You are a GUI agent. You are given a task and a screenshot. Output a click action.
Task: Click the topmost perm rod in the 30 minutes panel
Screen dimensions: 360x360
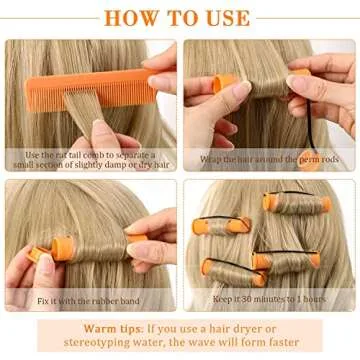[x=282, y=203]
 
